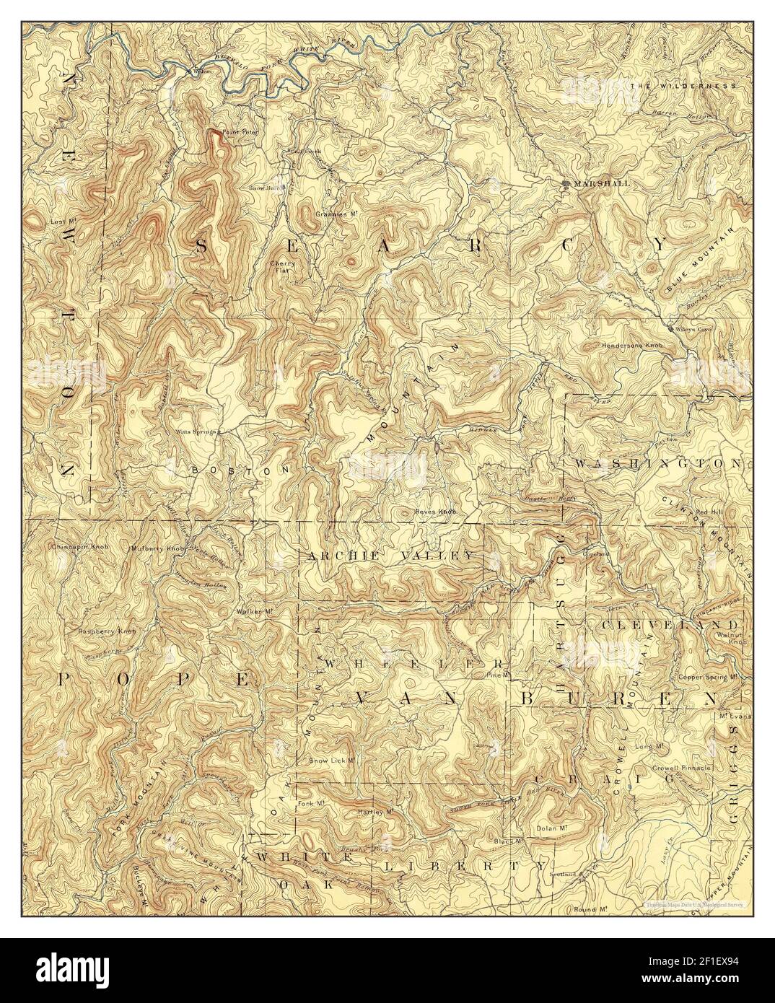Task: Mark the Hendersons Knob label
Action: tap(633, 346)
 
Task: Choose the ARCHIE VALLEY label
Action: tap(390, 556)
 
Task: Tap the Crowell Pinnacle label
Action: tap(681, 768)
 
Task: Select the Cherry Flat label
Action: tap(281, 267)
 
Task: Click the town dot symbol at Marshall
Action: tap(566, 184)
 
